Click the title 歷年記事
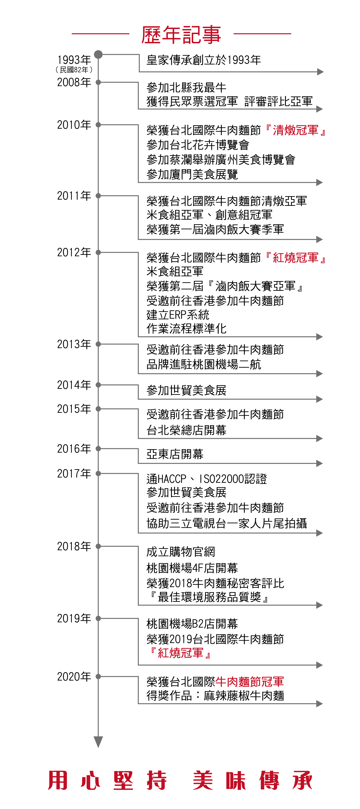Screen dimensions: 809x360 (x=181, y=35)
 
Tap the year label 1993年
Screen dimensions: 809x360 (x=74, y=59)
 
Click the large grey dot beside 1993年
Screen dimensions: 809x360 (x=98, y=54)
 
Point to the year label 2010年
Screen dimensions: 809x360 (x=74, y=125)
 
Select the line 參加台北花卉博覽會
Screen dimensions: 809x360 (x=198, y=145)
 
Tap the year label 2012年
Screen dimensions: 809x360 (x=74, y=252)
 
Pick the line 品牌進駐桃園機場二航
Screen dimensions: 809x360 (x=203, y=364)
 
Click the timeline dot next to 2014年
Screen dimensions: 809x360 (x=98, y=385)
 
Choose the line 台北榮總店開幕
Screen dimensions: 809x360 (x=186, y=430)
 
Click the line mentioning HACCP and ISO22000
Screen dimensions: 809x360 (x=206, y=479)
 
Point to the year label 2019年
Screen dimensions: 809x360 (x=74, y=618)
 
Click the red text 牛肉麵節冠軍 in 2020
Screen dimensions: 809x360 (x=250, y=681)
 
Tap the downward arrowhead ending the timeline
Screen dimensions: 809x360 (x=98, y=742)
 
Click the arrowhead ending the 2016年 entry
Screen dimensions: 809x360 (x=319, y=463)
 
